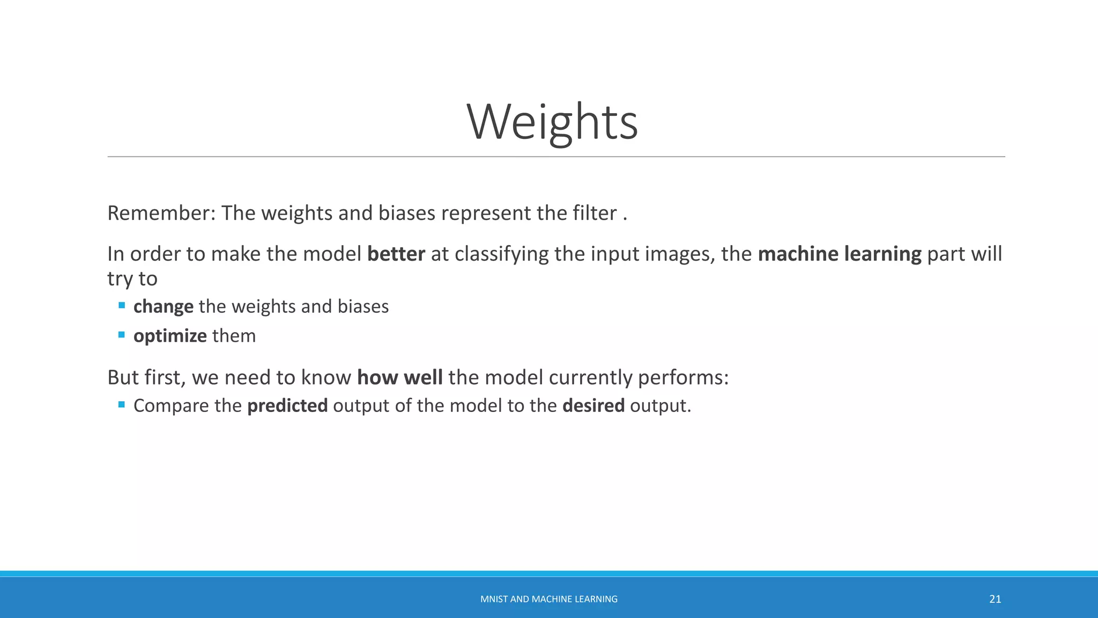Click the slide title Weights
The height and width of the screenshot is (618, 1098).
[552, 122]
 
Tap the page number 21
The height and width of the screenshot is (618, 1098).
[995, 599]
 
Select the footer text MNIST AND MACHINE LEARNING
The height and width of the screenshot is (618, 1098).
[548, 599]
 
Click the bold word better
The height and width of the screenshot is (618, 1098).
[396, 254]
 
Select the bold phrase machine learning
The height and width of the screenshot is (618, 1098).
[839, 254]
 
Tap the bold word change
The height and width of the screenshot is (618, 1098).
[163, 307]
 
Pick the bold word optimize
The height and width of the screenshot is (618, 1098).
[170, 336]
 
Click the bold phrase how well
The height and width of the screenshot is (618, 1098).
[399, 378]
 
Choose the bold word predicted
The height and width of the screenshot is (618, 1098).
[287, 406]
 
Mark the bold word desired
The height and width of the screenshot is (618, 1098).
[593, 406]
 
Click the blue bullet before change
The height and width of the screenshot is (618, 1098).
[122, 306]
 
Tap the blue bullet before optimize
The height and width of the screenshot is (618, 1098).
[122, 335]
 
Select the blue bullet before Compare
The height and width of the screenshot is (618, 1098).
[122, 404]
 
